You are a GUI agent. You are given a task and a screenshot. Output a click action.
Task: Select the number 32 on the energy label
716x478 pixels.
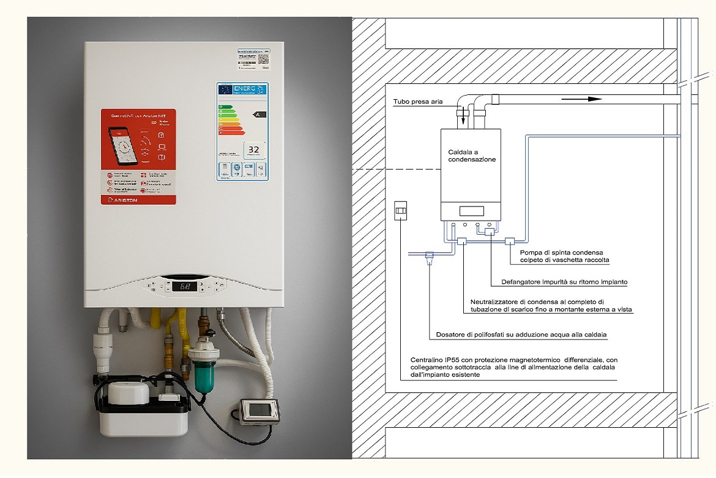(254, 150)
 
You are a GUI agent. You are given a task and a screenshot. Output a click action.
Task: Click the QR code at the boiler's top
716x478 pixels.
(264, 59)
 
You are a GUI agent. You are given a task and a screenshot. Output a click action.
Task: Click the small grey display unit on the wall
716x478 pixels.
(259, 411)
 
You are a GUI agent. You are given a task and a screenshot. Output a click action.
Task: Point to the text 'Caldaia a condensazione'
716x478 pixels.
(471, 154)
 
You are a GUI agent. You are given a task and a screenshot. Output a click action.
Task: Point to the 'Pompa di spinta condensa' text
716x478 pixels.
(561, 252)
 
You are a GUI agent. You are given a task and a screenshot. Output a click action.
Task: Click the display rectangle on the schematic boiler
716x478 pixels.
(471, 211)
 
